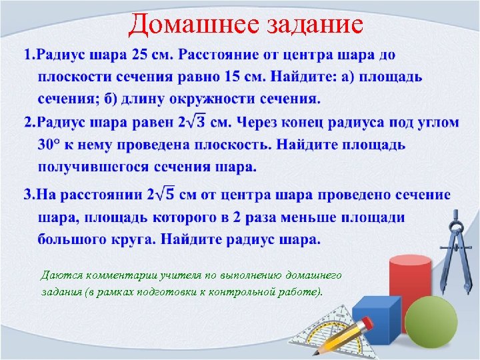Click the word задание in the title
[307, 25]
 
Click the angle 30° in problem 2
[51, 145]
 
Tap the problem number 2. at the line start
[30, 123]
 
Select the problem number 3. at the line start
[30, 195]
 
